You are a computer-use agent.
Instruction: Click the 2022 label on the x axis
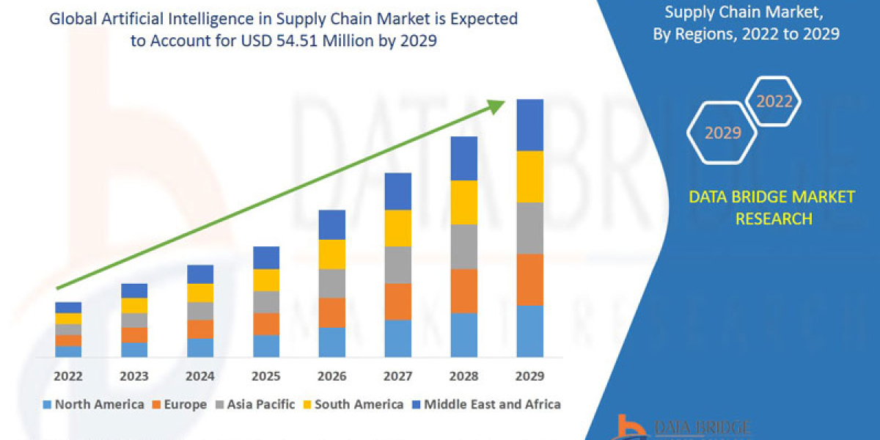click(68, 376)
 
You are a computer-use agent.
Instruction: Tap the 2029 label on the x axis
click(529, 376)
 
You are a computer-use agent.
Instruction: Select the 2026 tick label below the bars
click(331, 376)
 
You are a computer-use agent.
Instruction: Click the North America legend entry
click(93, 404)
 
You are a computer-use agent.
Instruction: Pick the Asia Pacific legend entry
click(256, 404)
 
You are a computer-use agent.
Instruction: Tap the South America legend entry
click(353, 404)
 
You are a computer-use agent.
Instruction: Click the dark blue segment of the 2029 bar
click(529, 125)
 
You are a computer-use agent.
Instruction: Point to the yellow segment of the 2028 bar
click(463, 202)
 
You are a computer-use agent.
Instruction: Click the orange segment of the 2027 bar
click(397, 301)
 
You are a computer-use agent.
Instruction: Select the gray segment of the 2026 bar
click(331, 283)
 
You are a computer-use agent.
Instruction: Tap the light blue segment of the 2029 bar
click(529, 331)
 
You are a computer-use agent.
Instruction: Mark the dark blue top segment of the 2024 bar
click(200, 274)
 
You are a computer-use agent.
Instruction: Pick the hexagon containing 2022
click(774, 102)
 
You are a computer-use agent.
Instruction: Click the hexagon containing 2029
click(722, 133)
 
